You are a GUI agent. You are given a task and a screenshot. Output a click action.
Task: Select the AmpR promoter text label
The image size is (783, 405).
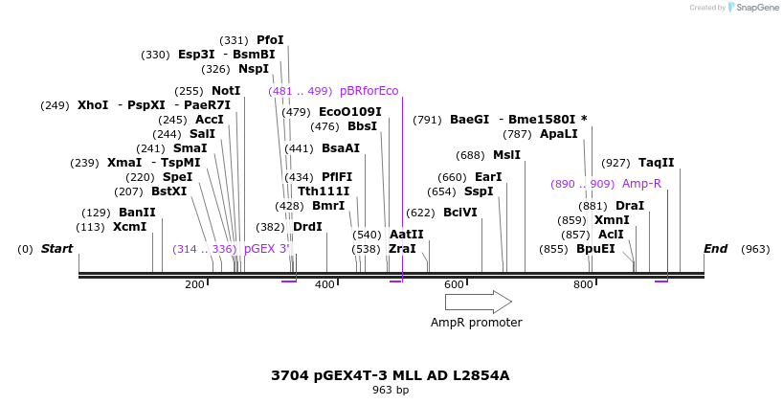(x=477, y=323)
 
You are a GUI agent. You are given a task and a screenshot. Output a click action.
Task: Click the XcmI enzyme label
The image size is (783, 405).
(x=129, y=227)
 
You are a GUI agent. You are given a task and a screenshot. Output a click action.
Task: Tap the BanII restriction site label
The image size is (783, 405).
(x=137, y=213)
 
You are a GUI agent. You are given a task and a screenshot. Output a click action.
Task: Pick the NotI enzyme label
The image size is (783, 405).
(x=226, y=91)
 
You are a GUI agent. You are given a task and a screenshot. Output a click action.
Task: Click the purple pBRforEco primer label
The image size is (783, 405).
(x=369, y=91)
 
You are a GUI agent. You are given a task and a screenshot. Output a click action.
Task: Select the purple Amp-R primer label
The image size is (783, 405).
(x=641, y=184)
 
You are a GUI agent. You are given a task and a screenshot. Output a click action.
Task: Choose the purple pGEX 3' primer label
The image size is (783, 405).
(x=266, y=249)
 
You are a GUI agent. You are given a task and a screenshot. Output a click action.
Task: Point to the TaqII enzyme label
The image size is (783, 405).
(x=656, y=163)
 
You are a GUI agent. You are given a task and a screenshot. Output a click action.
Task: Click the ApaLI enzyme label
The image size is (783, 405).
(x=559, y=134)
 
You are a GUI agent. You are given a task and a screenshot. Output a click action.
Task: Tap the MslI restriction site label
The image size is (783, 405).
(x=506, y=155)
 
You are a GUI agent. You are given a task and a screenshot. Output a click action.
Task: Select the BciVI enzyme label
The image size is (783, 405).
(x=459, y=213)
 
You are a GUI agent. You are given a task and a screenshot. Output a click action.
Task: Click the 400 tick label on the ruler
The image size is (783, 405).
(x=325, y=284)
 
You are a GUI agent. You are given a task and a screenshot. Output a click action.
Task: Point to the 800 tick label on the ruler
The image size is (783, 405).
(x=582, y=284)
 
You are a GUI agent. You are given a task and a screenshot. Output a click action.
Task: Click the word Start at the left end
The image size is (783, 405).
(x=56, y=249)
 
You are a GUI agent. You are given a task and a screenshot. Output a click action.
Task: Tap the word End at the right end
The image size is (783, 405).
(x=715, y=249)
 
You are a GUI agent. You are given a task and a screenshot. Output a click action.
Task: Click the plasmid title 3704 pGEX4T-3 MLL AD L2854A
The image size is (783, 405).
(x=391, y=375)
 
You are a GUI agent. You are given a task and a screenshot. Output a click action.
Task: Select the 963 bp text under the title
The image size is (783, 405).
(x=391, y=390)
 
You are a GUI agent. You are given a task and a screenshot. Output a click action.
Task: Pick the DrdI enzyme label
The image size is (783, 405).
(x=307, y=227)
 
